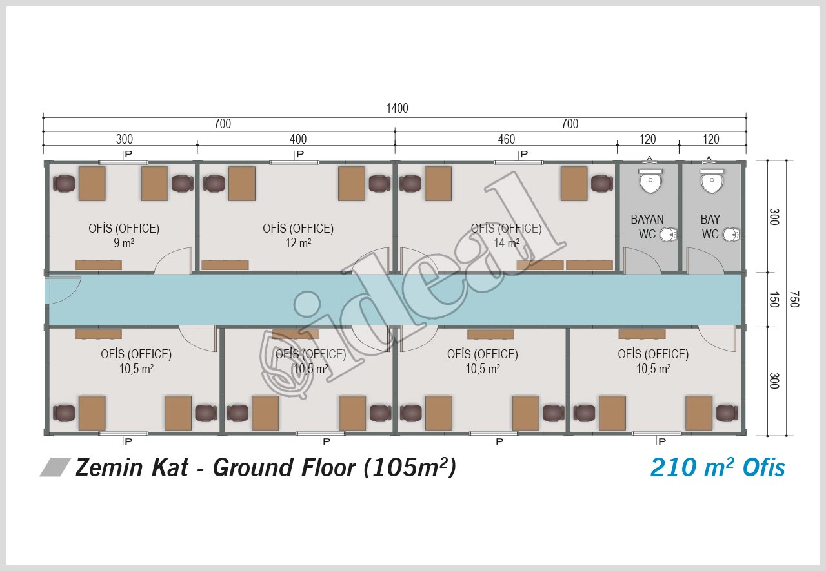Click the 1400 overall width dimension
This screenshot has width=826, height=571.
pyautogui.click(x=397, y=108)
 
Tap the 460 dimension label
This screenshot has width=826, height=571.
pyautogui.click(x=507, y=139)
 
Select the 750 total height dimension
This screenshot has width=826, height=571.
pyautogui.click(x=794, y=299)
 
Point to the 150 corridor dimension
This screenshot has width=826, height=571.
pyautogui.click(x=774, y=299)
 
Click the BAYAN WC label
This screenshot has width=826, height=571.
pyautogui.click(x=647, y=227)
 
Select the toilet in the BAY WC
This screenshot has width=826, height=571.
pyautogui.click(x=712, y=181)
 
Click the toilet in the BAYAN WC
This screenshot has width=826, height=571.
pyautogui.click(x=650, y=181)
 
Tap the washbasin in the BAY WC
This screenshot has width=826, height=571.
pyautogui.click(x=731, y=235)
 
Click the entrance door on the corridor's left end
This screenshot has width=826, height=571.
pyautogui.click(x=63, y=291)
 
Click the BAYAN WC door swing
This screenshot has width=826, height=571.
pyautogui.click(x=641, y=261)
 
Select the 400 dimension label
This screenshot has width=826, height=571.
pyautogui.click(x=298, y=139)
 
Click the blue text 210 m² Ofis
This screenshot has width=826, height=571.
pyautogui.click(x=718, y=467)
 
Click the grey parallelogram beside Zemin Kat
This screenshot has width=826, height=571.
pyautogui.click(x=55, y=467)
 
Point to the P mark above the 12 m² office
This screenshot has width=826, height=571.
pyautogui.click(x=300, y=154)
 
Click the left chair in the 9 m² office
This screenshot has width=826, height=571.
pyautogui.click(x=64, y=184)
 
